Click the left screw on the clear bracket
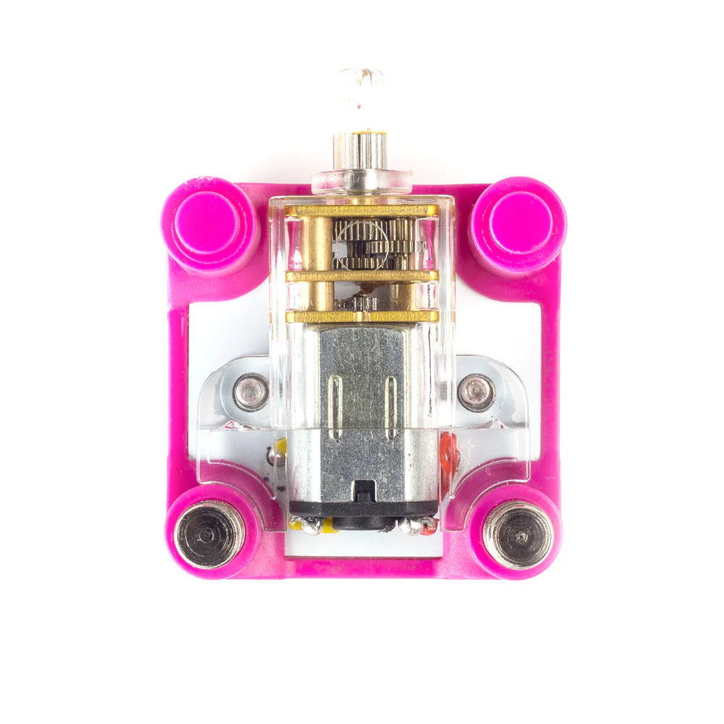[x=251, y=392]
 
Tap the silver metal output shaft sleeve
[x=360, y=151]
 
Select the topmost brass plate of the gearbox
[x=361, y=211]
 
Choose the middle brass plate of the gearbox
[x=361, y=276]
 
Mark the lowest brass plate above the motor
[x=361, y=316]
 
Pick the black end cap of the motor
[x=362, y=510]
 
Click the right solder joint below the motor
[x=416, y=526]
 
